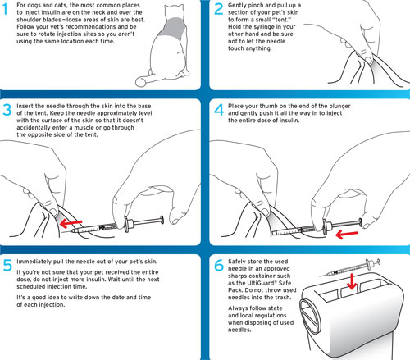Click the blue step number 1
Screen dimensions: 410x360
6,9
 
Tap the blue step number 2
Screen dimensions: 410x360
218,9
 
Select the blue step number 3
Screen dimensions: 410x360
7,110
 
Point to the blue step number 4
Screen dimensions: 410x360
219,110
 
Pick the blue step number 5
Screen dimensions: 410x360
7,265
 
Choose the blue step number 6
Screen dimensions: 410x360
219,265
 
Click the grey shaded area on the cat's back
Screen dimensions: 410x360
173,28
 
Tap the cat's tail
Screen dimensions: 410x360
153,79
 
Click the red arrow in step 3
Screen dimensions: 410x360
71,224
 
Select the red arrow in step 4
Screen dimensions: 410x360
347,235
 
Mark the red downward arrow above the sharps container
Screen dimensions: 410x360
352,281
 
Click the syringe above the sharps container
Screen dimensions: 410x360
350,268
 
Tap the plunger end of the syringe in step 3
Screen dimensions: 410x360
162,220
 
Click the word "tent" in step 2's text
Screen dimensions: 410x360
281,20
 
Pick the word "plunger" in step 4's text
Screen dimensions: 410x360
339,107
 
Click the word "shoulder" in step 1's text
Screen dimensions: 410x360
29,20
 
